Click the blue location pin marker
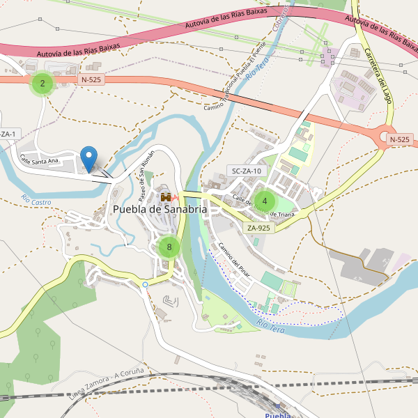[88, 158]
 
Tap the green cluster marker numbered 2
[42, 84]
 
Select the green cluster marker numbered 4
[265, 201]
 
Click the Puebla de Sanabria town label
[160, 209]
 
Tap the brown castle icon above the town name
[166, 197]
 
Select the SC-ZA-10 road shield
[247, 171]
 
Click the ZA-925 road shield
[258, 228]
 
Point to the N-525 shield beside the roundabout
[399, 139]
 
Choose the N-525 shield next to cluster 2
[91, 80]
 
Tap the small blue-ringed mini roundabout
[145, 284]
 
